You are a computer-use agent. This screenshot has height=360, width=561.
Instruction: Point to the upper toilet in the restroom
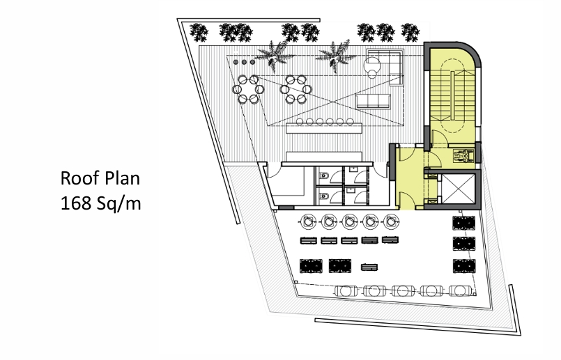(324, 176)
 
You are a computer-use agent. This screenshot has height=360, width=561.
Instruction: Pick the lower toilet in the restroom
(324, 196)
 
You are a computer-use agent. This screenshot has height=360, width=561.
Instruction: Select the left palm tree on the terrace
(273, 56)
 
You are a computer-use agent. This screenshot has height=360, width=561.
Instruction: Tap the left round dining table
(248, 89)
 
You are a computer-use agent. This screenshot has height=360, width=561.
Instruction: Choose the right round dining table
(296, 89)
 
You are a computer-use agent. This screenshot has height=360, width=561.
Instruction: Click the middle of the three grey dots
(244, 62)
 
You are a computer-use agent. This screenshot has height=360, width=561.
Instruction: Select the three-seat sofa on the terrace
(373, 101)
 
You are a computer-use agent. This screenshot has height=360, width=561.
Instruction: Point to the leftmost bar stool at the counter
(300, 122)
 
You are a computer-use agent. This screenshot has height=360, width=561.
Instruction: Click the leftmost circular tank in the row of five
(308, 221)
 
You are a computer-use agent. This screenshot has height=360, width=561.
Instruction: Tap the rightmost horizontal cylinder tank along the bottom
(461, 290)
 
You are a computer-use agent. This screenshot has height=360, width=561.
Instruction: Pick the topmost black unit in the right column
(463, 223)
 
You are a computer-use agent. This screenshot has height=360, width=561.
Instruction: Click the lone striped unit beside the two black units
(369, 267)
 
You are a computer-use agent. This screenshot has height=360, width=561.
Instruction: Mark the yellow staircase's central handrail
(452, 97)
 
